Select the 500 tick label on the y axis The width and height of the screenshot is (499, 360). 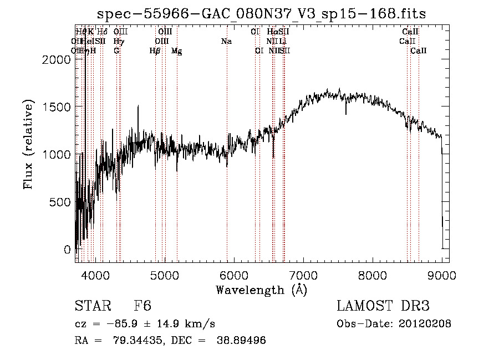point(60,202)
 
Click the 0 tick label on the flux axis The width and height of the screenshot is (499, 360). point(68,250)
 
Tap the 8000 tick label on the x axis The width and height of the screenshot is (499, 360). point(372,274)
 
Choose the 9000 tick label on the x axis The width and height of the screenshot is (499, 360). point(441,274)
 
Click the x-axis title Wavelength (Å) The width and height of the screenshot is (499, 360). point(262,290)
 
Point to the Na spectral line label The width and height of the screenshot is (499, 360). point(226,41)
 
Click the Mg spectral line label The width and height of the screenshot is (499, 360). point(177,51)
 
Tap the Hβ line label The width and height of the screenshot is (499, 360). point(155,51)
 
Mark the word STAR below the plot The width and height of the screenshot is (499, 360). point(92,306)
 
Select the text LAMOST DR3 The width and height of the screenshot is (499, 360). point(383,306)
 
